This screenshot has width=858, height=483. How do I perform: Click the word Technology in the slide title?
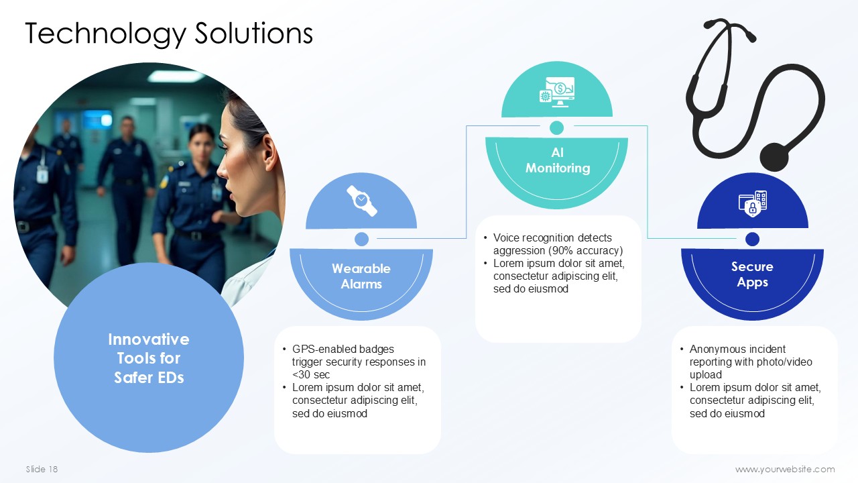click(x=105, y=34)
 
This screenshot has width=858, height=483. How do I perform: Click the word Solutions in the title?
click(x=254, y=33)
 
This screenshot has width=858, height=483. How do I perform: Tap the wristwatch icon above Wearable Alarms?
click(x=361, y=201)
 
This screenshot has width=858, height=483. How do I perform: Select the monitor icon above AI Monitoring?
click(x=557, y=92)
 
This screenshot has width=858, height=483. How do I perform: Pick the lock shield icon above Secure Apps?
click(x=753, y=203)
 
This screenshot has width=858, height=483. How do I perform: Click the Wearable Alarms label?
click(x=361, y=276)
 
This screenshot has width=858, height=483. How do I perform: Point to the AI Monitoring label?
click(x=557, y=160)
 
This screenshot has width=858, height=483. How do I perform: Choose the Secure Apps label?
click(x=752, y=274)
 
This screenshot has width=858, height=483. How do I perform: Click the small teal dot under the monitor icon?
click(x=556, y=127)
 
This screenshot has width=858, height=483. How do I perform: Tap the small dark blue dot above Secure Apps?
click(x=752, y=239)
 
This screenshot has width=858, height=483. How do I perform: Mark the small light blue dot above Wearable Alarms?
click(x=361, y=239)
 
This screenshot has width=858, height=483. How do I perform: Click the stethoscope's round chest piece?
click(x=774, y=157)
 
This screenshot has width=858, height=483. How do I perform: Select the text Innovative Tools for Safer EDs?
click(x=149, y=358)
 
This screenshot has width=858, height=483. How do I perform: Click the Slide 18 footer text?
click(x=42, y=469)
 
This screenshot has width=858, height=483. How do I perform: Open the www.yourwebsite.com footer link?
click(x=785, y=469)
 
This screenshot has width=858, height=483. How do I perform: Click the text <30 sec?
click(x=310, y=375)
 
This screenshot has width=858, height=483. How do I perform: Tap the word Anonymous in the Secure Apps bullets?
click(x=712, y=350)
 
